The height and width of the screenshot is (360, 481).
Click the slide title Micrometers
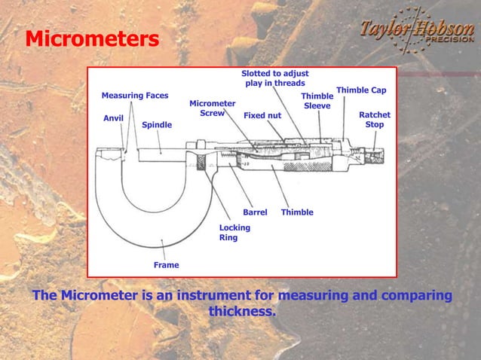tap(92, 38)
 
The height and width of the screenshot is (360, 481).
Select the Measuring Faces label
tap(135, 96)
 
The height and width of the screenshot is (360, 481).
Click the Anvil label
tap(113, 118)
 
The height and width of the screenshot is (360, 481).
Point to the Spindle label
tap(157, 125)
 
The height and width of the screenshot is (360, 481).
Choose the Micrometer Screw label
tap(212, 108)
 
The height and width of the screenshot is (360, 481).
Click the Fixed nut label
tap(262, 116)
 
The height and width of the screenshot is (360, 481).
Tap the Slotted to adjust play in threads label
tap(274, 78)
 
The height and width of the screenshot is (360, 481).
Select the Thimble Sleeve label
tap(317, 102)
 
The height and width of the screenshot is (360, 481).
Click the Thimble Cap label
tap(361, 90)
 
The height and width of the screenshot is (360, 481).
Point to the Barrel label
tap(255, 212)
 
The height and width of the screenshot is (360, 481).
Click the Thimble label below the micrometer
tap(297, 212)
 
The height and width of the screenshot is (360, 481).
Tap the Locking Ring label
tap(234, 232)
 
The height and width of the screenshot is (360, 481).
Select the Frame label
tap(166, 265)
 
